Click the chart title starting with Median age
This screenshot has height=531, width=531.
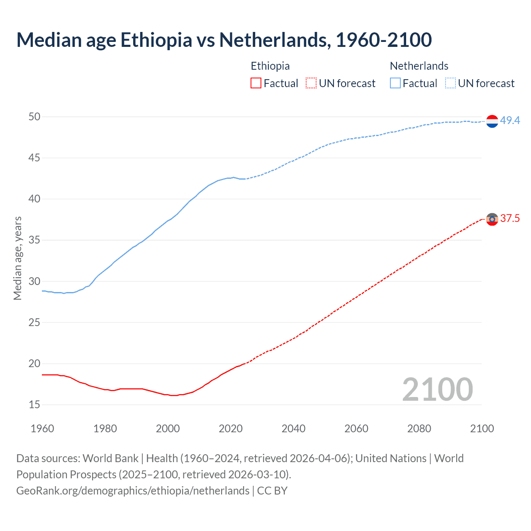click(x=224, y=40)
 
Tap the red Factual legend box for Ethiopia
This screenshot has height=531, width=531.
click(x=256, y=83)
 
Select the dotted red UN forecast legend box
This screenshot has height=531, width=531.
click(x=311, y=83)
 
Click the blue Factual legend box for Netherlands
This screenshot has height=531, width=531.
click(x=395, y=83)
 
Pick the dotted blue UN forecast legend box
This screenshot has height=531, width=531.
click(x=450, y=83)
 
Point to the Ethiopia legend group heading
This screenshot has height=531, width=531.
click(x=270, y=66)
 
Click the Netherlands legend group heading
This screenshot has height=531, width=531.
click(x=419, y=66)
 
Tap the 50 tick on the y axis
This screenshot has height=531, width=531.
click(x=34, y=117)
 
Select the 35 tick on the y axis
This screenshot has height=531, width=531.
click(x=34, y=240)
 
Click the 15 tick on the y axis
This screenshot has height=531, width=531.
click(x=34, y=404)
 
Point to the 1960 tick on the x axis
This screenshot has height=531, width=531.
click(x=42, y=429)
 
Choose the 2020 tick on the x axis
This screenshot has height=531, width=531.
click(x=231, y=429)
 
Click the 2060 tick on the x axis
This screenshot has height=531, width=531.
click(x=356, y=429)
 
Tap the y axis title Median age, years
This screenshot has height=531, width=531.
click(x=17, y=258)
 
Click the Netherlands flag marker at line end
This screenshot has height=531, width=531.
click(x=492, y=121)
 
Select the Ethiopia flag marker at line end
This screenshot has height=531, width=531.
click(x=492, y=219)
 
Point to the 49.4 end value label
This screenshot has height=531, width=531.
click(x=510, y=121)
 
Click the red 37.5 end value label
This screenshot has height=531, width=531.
click(x=510, y=219)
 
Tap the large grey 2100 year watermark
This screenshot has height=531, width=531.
click(x=438, y=389)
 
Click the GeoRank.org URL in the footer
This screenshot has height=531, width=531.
click(x=133, y=491)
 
